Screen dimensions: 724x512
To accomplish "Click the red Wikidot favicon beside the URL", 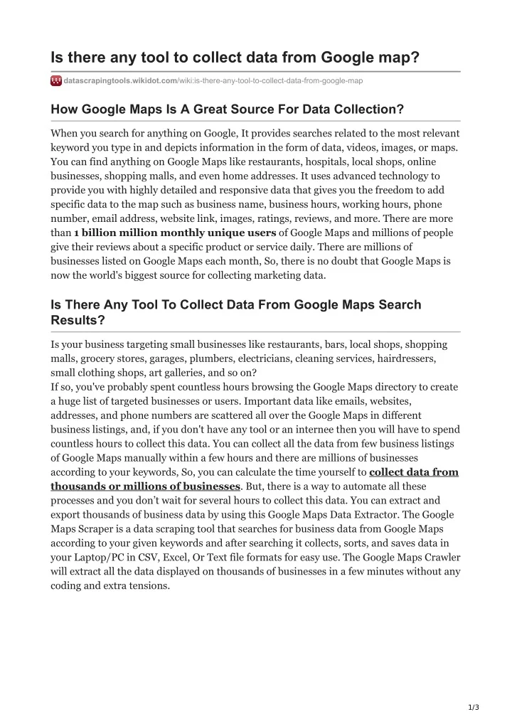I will click(56, 81).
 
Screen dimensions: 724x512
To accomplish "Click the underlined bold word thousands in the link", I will click(78, 486).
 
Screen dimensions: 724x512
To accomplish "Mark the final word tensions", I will click(148, 585).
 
